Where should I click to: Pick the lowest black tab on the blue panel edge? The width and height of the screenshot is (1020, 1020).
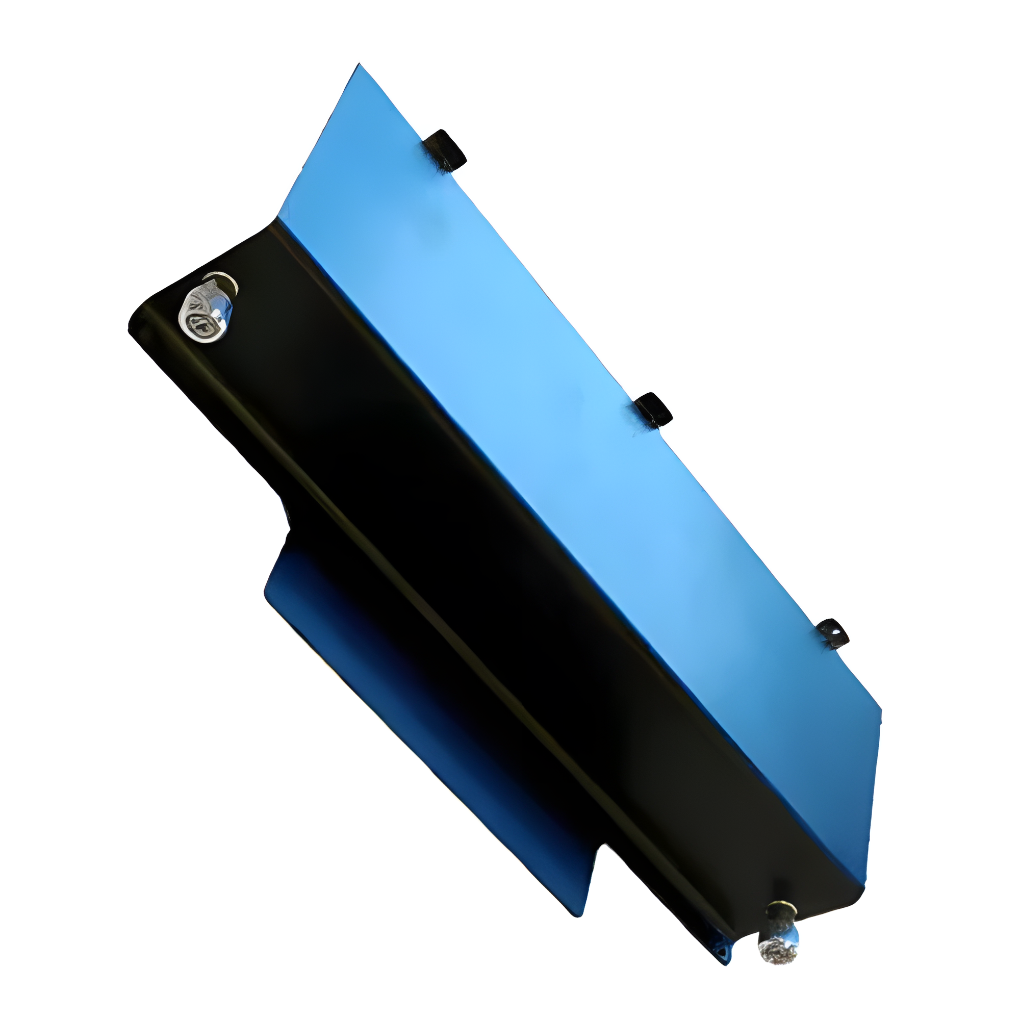point(833,633)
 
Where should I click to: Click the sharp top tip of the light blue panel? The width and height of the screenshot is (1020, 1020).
point(359,65)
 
